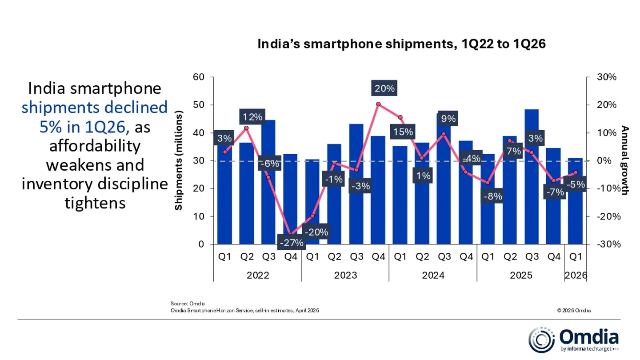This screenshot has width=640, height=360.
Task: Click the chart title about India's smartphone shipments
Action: click(x=401, y=44)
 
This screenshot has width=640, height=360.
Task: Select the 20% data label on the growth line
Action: click(x=384, y=88)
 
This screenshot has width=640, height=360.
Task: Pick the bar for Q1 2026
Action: click(x=575, y=209)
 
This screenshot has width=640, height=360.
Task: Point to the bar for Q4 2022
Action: click(x=290, y=191)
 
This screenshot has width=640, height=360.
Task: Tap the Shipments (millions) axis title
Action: click(x=179, y=161)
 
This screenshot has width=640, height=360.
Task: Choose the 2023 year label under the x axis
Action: click(x=345, y=276)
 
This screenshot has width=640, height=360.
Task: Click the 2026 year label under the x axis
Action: click(x=576, y=276)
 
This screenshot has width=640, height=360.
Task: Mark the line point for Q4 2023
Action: click(x=378, y=104)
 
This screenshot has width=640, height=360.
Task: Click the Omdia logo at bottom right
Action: click(x=573, y=340)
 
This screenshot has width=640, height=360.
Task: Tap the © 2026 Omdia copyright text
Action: click(x=574, y=311)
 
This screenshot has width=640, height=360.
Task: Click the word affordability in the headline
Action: click(x=95, y=146)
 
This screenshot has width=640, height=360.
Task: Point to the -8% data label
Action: click(x=493, y=196)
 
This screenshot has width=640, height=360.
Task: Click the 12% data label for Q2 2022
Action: click(x=252, y=117)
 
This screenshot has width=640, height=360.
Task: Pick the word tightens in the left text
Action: click(x=95, y=203)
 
